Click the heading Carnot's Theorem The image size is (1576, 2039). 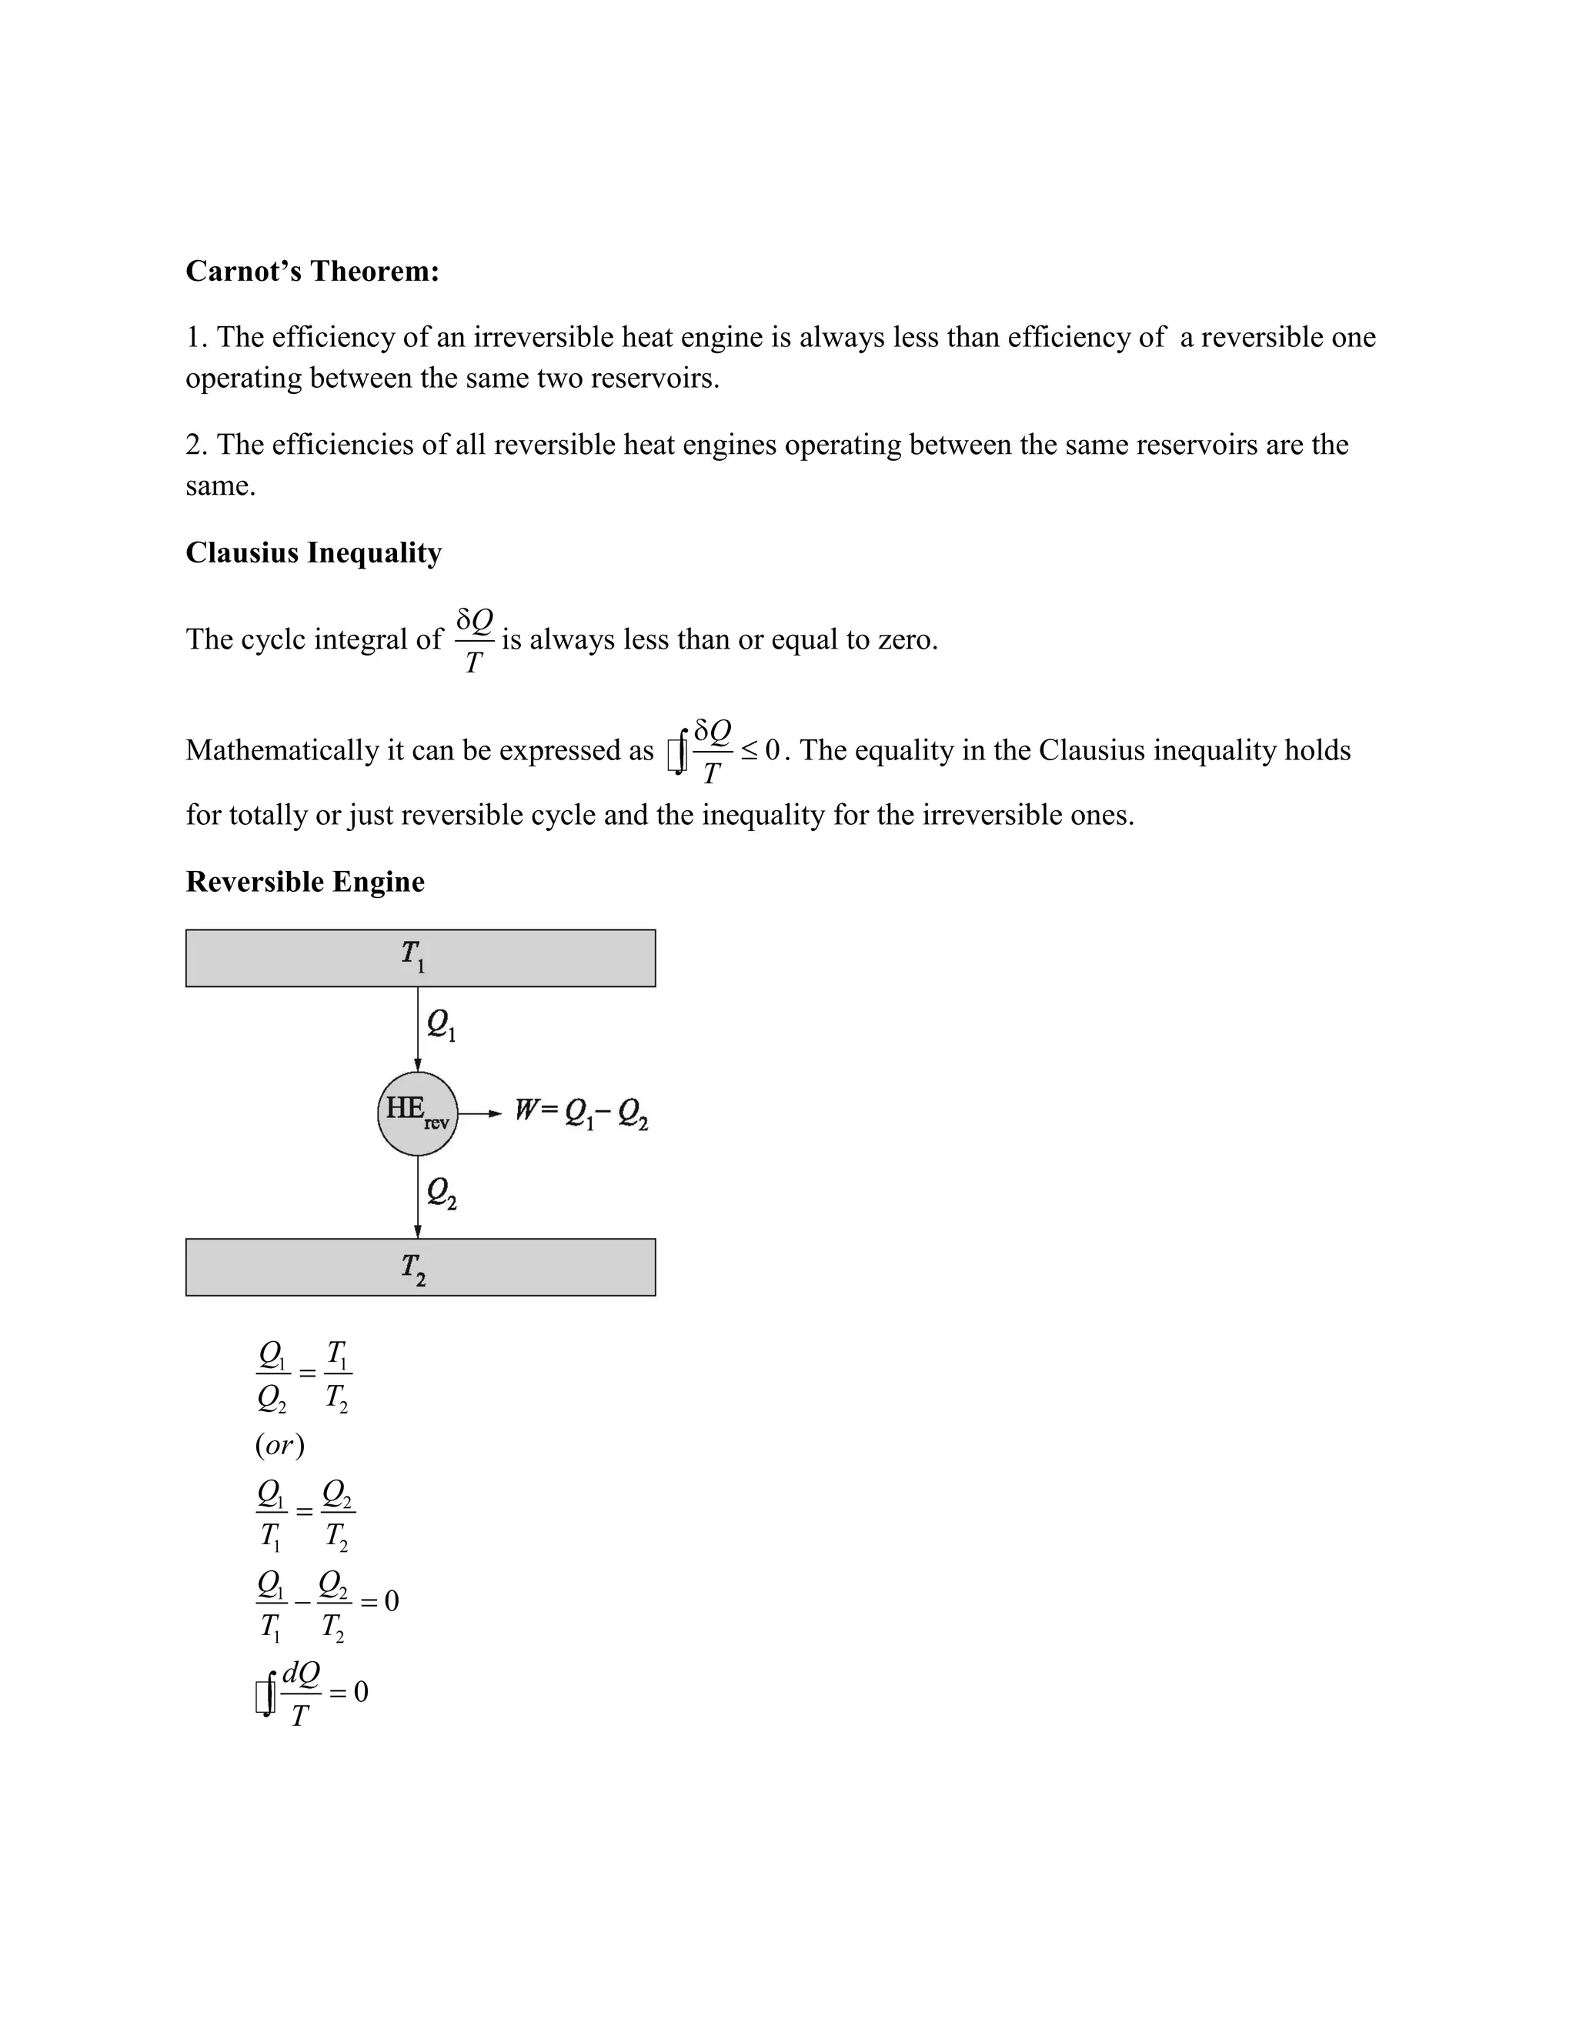tap(312, 271)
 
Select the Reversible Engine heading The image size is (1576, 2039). tap(305, 881)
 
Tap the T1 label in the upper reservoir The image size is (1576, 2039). tap(412, 956)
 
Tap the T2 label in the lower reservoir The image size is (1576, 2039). tap(412, 1268)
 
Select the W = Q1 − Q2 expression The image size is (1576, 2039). tap(581, 1113)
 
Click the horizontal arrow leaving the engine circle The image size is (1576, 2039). tap(480, 1113)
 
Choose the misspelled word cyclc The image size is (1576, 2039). tap(272, 639)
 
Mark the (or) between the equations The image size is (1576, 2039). tap(279, 1445)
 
